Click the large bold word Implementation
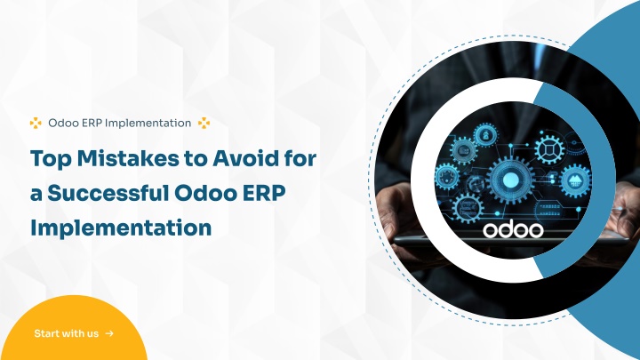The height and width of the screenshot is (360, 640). point(121,228)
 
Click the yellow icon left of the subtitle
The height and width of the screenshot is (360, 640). point(36,123)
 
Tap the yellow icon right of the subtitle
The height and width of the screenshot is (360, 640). point(204,123)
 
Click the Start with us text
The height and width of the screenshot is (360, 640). point(66,333)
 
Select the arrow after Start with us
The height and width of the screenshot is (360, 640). point(109,333)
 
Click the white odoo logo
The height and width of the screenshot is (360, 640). point(513,230)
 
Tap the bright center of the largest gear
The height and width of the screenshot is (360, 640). point(510,180)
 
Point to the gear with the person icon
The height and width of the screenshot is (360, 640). point(485,135)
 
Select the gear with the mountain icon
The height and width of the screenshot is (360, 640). point(575,180)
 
